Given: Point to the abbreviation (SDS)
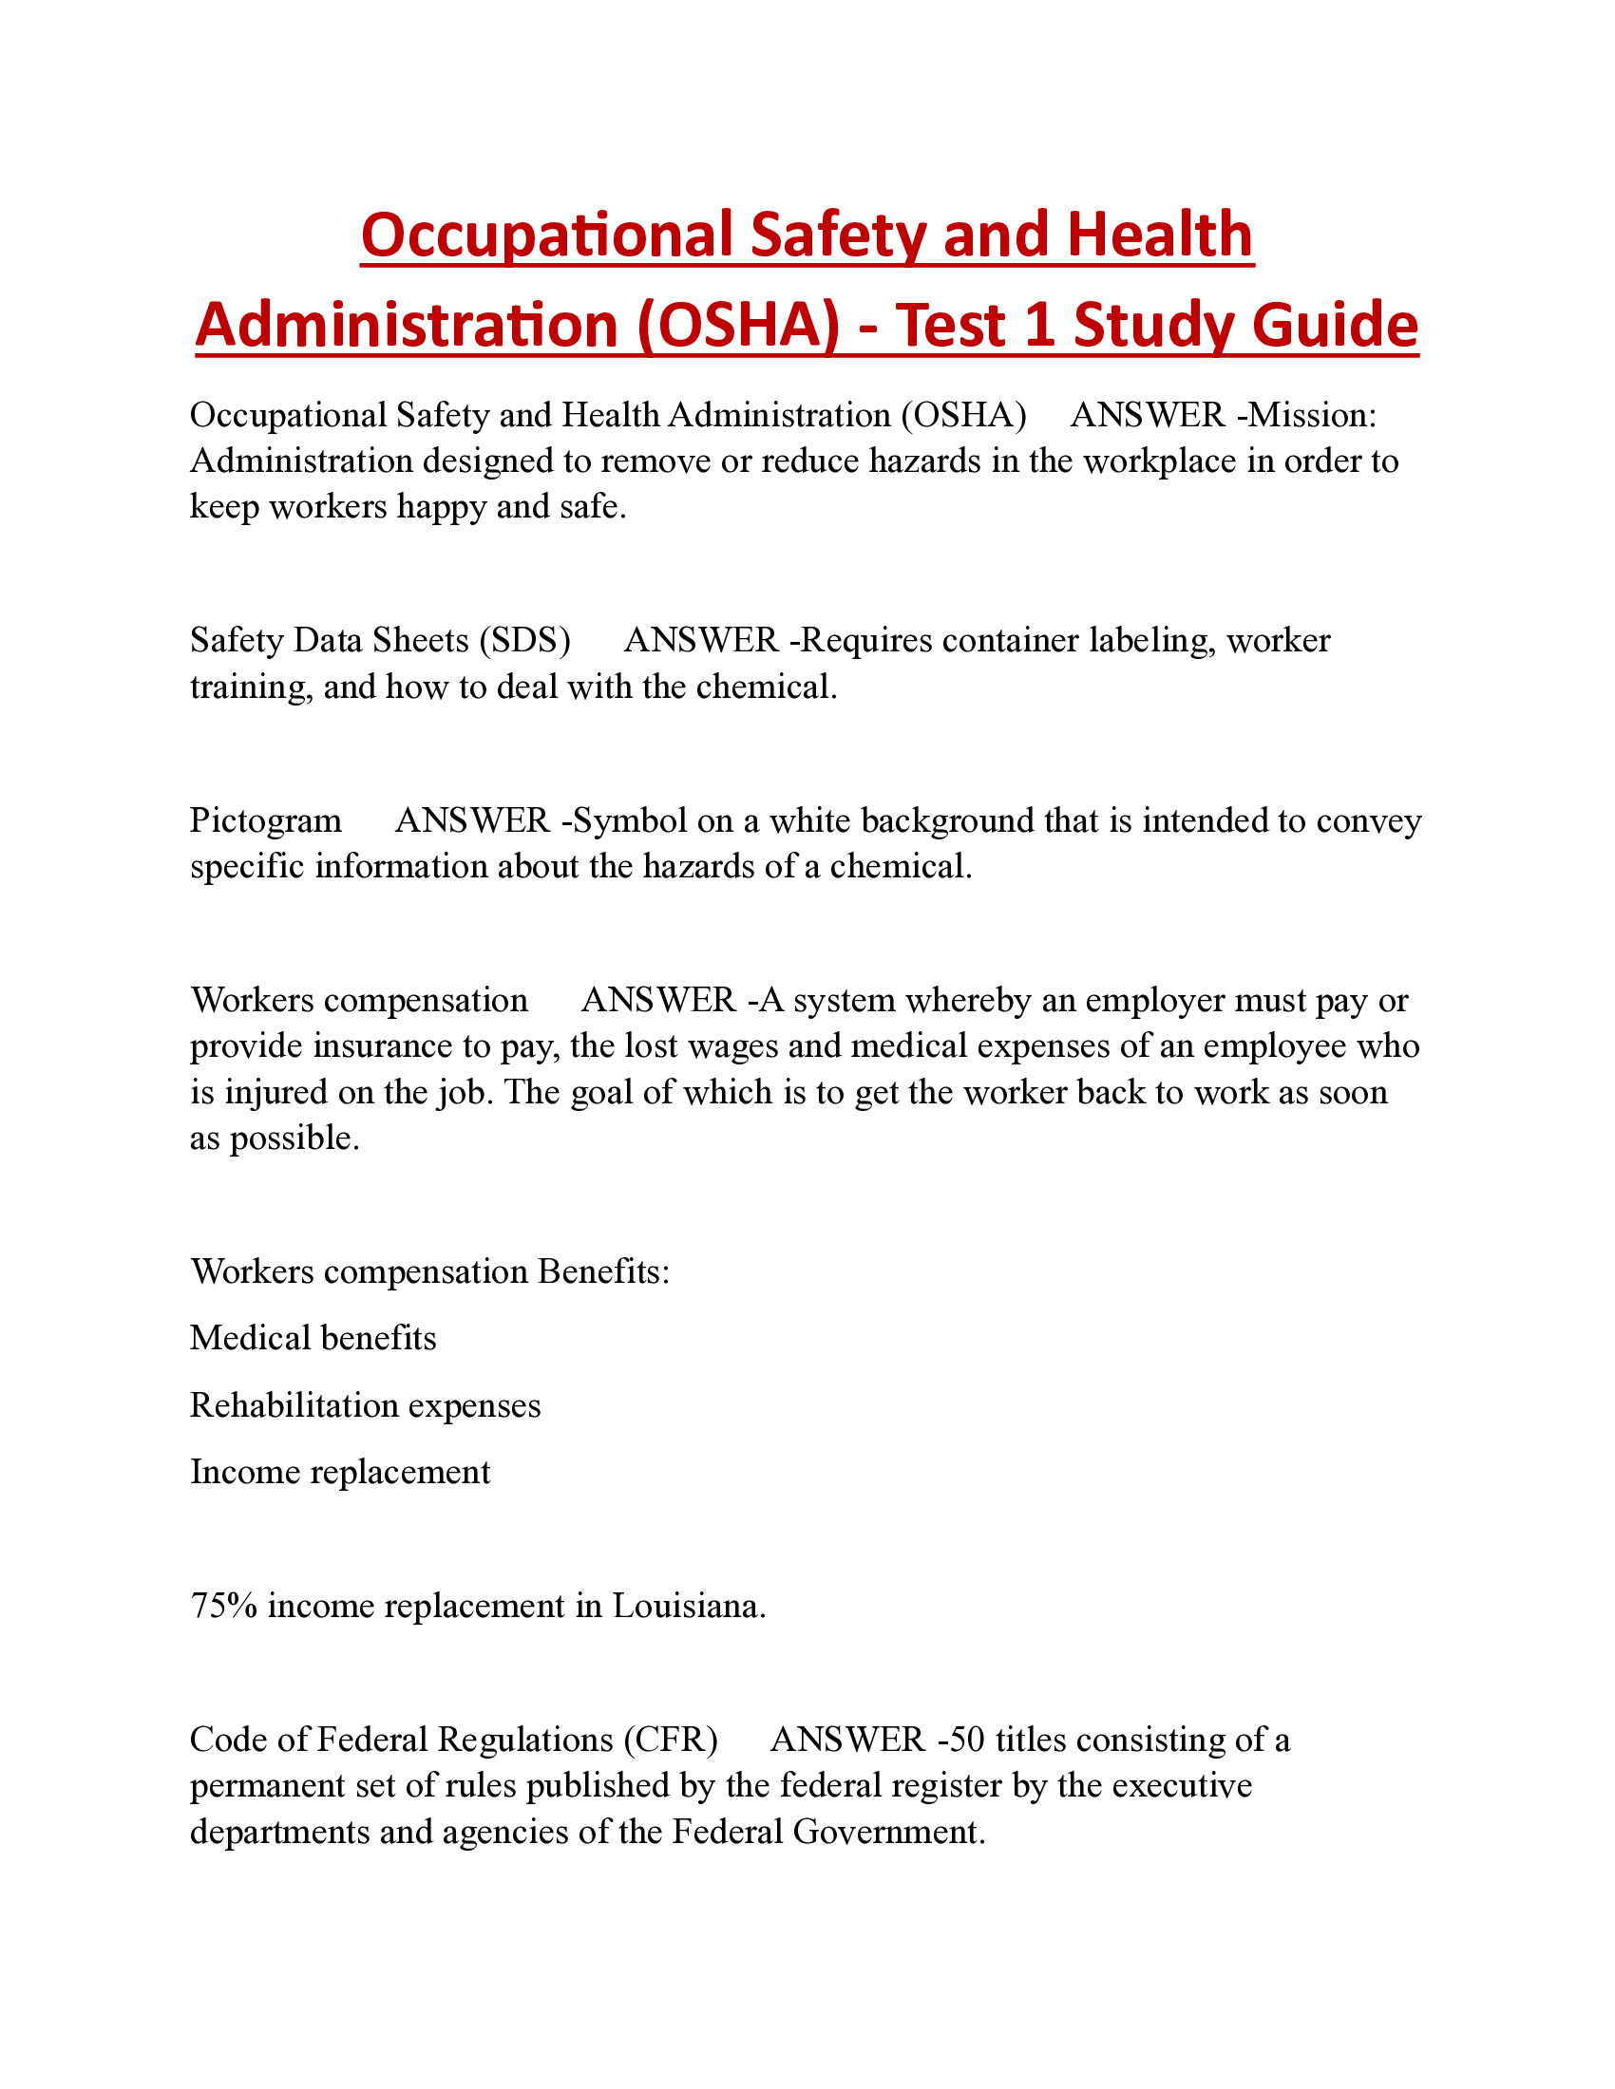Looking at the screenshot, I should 524,640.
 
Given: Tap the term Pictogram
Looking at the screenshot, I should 266,820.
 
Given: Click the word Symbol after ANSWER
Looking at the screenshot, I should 631,820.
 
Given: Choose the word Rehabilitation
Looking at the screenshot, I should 294,1405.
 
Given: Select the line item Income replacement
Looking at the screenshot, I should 340,1472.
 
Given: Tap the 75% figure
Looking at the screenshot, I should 224,1605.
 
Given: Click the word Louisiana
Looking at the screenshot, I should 688,1605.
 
